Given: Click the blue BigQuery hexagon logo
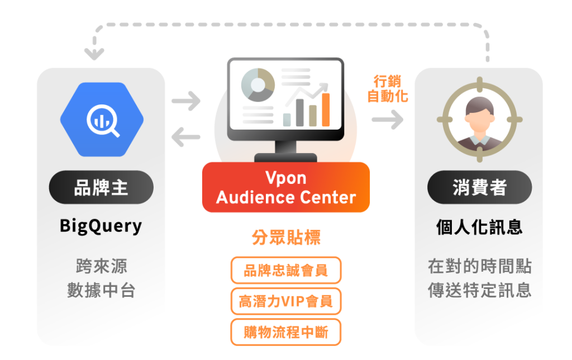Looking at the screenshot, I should (x=102, y=119).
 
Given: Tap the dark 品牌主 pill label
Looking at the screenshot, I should (x=101, y=187).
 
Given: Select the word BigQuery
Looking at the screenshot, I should (x=101, y=226).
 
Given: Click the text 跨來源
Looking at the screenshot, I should (x=101, y=266).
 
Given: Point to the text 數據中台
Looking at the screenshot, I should (x=101, y=291).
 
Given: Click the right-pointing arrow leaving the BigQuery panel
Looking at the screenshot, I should (x=186, y=102).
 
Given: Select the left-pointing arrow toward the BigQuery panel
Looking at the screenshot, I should (x=186, y=136).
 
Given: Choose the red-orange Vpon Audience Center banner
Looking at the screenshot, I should (x=285, y=187).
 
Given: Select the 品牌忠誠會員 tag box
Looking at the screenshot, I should (x=285, y=271).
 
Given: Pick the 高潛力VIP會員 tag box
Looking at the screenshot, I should (x=285, y=302).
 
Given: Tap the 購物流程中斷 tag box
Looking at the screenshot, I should (x=285, y=333).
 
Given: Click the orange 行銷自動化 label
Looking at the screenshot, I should (x=387, y=88).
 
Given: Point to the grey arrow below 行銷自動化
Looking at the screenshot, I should (x=387, y=119).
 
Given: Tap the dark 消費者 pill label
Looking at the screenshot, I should (x=479, y=187).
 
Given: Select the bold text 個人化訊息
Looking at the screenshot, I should (x=479, y=226).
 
